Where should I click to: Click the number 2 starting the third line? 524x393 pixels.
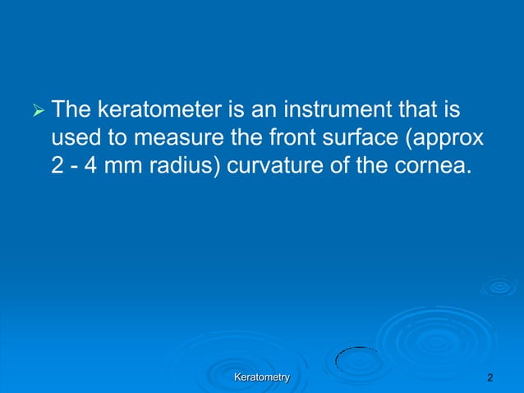[57, 164]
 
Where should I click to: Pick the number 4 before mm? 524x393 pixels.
[91, 164]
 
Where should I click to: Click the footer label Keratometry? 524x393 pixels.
[262, 377]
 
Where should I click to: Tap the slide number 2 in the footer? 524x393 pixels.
[490, 377]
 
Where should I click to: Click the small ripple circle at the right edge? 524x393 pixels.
[499, 286]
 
